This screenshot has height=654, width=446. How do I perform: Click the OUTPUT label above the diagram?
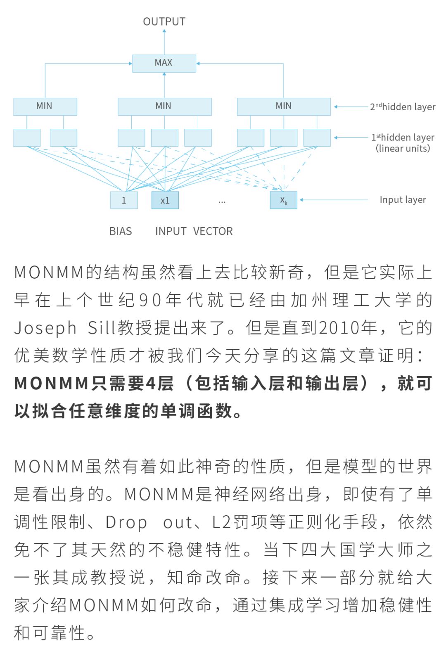164,21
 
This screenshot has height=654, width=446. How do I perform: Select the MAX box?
164,63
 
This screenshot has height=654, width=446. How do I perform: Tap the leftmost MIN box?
45,106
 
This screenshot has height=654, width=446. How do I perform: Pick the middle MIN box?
164,106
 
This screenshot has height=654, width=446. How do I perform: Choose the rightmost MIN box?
283,106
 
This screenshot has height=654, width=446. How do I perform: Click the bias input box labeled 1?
123,200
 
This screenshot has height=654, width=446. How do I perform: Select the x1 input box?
165,200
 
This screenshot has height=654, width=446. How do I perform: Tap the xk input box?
283,200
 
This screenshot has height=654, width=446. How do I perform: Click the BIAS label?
121,231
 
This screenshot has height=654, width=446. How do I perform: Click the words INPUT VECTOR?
194,231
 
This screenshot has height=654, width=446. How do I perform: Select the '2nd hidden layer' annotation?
402,107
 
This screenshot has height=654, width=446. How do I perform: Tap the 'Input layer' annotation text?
403,200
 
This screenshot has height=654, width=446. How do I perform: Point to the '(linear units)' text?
403,149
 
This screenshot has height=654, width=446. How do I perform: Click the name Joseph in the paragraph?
45,328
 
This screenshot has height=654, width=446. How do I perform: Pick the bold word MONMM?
52,384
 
